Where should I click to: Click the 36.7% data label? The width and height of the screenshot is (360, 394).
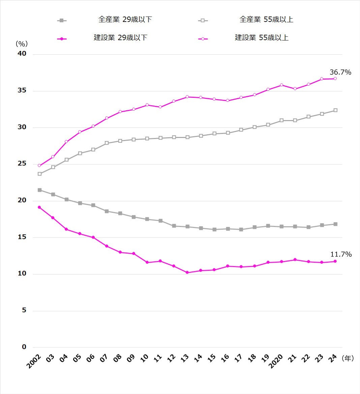coord(340,72)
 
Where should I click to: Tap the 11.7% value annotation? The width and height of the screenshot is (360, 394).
coord(341,254)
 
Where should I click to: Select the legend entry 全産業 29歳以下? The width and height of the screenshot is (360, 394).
coord(125,20)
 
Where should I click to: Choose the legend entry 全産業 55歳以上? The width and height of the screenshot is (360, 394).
coord(266,20)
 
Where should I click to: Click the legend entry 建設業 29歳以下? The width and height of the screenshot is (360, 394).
coord(120,38)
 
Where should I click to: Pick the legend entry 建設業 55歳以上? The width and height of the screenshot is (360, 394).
coord(262,38)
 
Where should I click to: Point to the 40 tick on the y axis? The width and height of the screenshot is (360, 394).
coord(22,54)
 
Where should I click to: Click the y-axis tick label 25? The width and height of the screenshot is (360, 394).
coord(22,164)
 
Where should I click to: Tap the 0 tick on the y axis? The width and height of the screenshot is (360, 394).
coord(24,347)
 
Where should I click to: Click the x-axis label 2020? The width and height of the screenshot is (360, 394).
coord(276,362)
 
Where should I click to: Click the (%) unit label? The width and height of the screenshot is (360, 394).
coord(22,44)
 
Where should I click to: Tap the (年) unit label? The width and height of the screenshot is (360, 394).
coord(348,358)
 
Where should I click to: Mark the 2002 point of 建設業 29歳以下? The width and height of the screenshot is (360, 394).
coord(39,207)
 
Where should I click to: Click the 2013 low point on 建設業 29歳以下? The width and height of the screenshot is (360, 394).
coord(187,273)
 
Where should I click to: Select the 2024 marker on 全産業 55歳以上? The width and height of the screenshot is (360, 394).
coord(335,110)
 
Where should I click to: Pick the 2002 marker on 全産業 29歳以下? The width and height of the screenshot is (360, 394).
coord(40,190)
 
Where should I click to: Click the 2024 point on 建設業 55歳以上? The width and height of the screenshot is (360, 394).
coord(335,79)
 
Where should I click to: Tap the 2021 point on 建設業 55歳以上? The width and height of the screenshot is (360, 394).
coord(295,89)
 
